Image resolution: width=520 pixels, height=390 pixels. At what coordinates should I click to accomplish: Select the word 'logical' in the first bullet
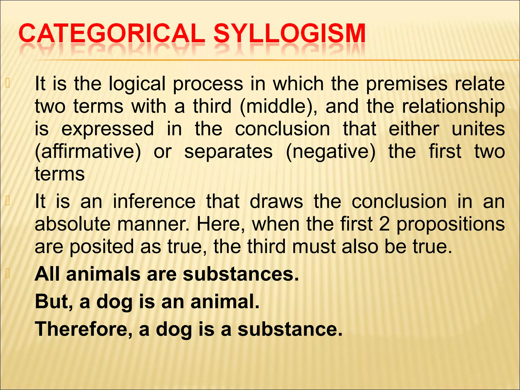pos(137,84)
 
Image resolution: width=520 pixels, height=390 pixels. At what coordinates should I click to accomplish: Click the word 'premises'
pos(407,84)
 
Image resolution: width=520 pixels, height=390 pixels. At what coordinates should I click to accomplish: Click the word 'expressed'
pos(108,129)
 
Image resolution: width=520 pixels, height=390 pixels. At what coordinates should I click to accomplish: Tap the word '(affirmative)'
pos(88,152)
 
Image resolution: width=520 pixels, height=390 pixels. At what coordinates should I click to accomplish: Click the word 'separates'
pos(228,152)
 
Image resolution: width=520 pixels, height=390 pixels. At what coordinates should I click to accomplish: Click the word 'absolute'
pos(73,224)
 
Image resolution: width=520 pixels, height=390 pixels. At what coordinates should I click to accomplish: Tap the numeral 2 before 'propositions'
pos(384,224)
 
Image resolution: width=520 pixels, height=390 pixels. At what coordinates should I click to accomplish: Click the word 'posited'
pos(102,247)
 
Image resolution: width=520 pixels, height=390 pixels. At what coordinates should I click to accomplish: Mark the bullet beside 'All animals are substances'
pos(8,274)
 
